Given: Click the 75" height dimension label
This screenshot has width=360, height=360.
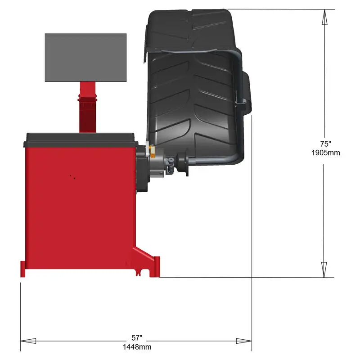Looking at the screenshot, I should [325, 144].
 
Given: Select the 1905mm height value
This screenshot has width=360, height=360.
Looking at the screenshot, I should [325, 153].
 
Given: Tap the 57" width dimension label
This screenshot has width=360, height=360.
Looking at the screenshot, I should [136, 337].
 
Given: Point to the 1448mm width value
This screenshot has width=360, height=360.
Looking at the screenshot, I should [137, 346].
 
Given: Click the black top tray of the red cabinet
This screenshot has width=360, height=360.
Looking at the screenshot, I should [81, 139].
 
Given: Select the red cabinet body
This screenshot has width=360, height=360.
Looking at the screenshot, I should [76, 202].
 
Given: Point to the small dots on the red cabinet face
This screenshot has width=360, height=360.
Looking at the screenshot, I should [72, 176].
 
